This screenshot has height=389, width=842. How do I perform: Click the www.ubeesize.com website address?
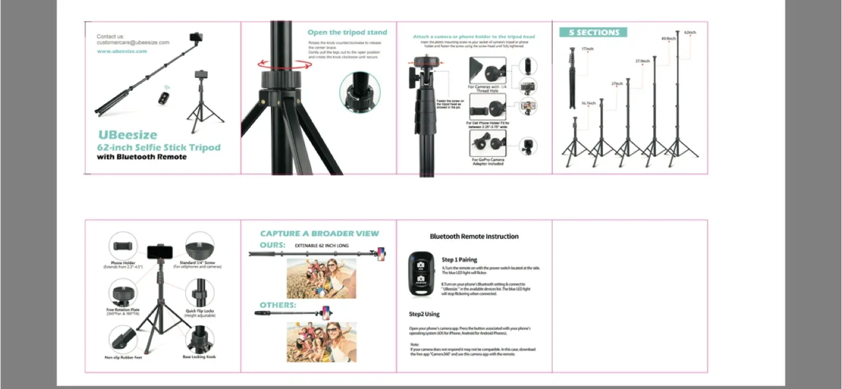click(x=122, y=51)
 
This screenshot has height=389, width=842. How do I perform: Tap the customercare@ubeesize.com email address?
click(x=133, y=43)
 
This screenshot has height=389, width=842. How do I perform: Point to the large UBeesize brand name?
click(x=127, y=136)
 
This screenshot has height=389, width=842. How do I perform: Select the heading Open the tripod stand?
click(x=347, y=33)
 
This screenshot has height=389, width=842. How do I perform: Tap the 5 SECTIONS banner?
click(x=593, y=33)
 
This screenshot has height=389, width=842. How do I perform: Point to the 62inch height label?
click(x=690, y=33)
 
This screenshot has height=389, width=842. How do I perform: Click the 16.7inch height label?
click(x=588, y=104)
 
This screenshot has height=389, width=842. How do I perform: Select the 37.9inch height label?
click(x=643, y=61)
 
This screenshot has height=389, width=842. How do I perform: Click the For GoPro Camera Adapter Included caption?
click(x=488, y=161)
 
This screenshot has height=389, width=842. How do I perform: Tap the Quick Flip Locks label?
click(x=201, y=311)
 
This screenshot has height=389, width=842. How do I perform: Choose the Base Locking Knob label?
click(x=199, y=357)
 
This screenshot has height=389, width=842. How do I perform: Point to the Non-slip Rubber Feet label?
click(x=123, y=357)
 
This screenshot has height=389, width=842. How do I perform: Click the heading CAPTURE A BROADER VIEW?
click(x=319, y=233)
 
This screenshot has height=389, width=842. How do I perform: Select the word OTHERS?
click(x=278, y=305)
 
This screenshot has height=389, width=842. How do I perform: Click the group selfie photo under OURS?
click(x=321, y=278)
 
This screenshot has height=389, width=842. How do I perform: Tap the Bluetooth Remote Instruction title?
click(x=474, y=236)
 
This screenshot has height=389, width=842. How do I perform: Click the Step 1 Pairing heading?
click(x=459, y=260)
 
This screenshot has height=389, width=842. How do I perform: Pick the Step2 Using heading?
click(x=424, y=314)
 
